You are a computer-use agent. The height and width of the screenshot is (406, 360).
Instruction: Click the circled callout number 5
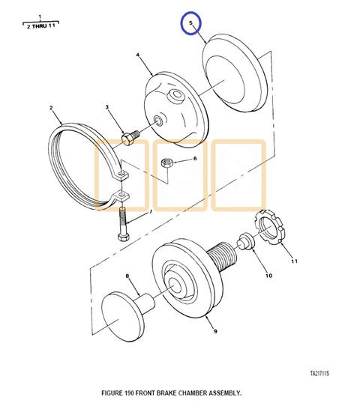tap(190, 22)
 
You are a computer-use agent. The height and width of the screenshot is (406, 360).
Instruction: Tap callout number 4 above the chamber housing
tap(137, 55)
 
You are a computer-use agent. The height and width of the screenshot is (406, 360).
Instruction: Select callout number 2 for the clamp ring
tap(51, 108)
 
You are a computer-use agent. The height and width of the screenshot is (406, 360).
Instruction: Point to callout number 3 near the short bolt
tap(107, 107)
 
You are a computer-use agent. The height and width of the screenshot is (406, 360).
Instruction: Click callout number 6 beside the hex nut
tap(195, 159)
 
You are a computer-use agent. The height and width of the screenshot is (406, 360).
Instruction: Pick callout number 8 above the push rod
tap(127, 276)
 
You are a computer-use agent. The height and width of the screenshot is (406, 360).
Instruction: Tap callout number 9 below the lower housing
tap(215, 331)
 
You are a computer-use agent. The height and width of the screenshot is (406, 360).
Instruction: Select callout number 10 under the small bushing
tap(268, 276)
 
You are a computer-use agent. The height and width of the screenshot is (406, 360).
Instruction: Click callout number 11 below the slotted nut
tap(294, 261)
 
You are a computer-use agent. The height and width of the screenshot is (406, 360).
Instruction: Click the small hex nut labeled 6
tap(167, 163)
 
